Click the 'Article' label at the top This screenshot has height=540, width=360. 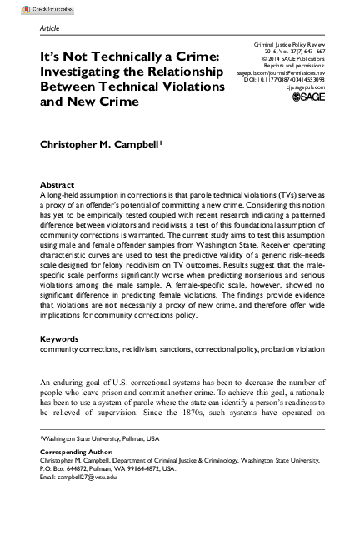(x=51, y=28)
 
